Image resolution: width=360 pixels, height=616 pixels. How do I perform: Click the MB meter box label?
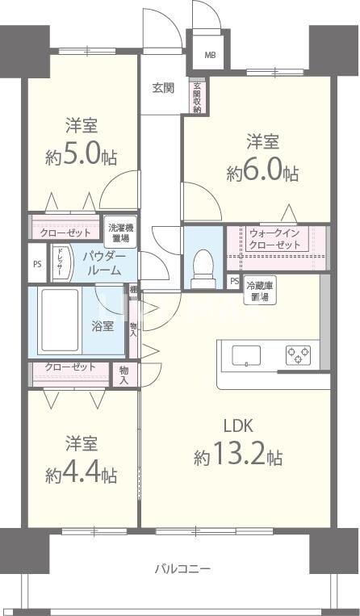pyautogui.click(x=210, y=56)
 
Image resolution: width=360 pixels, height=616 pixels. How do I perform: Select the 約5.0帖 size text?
pyautogui.click(x=82, y=155)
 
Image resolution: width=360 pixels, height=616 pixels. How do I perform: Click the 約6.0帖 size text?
pyautogui.click(x=262, y=171)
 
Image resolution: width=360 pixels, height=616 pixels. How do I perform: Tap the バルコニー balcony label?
pyautogui.click(x=182, y=569)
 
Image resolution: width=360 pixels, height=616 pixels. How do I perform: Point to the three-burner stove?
pyautogui.click(x=296, y=354)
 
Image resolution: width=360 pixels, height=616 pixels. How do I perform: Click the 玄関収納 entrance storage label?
pyautogui.click(x=196, y=97)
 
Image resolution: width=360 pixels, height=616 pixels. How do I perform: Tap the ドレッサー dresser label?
pyautogui.click(x=59, y=262)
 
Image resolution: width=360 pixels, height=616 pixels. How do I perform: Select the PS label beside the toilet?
pyautogui.click(x=233, y=281)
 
